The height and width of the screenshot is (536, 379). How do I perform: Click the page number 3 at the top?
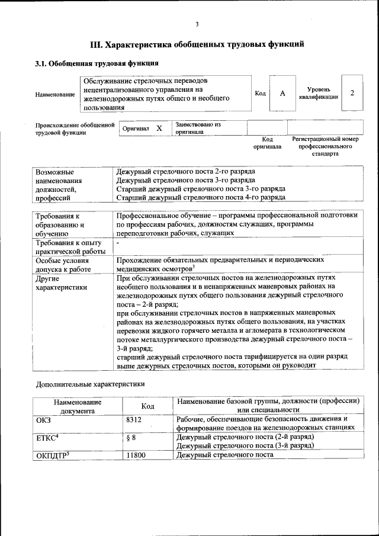tap(197, 24)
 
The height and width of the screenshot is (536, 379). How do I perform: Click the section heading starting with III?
tap(197, 44)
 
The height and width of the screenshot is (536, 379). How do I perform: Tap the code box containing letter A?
tap(282, 94)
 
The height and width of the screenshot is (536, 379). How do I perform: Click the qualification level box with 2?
tap(352, 93)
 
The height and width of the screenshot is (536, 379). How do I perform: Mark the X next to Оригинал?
tap(159, 128)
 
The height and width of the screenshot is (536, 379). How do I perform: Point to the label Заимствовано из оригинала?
tap(197, 129)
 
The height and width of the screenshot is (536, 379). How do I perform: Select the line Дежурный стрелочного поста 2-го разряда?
tap(186, 170)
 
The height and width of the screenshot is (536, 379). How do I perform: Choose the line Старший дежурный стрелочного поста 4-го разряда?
tap(201, 197)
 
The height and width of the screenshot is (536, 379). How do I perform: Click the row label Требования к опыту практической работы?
tap(68, 248)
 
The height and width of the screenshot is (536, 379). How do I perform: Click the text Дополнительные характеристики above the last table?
tap(90, 383)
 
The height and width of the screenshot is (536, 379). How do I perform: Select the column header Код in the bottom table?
tap(147, 406)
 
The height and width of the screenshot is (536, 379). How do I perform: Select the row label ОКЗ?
tap(44, 419)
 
